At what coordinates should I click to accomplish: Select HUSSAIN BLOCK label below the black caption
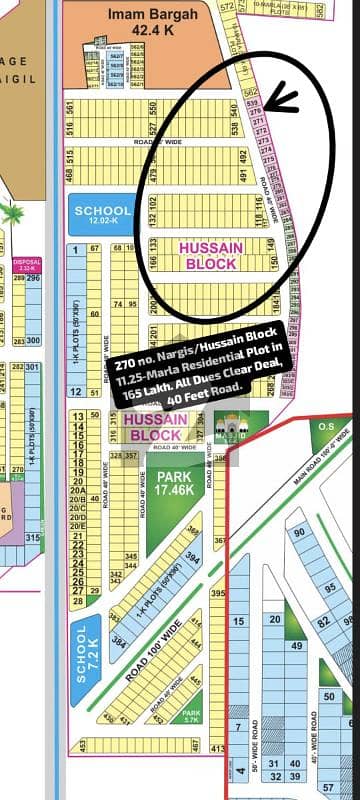coord(156,429)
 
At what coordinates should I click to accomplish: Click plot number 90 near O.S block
coord(298,531)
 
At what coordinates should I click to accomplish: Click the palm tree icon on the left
coord(12,213)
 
